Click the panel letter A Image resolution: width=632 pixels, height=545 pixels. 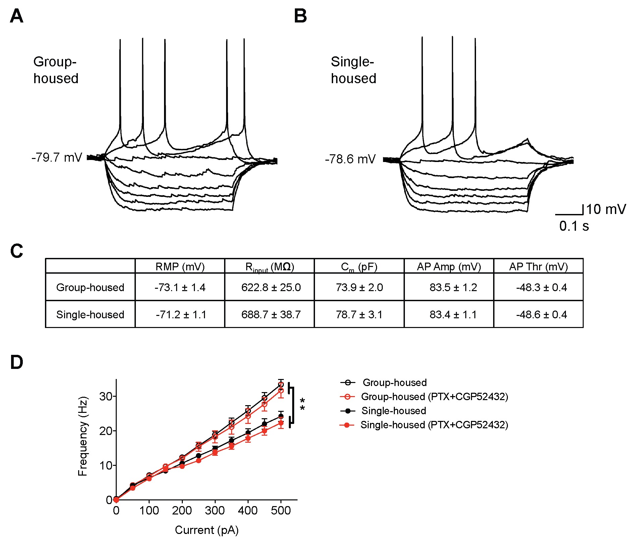[16, 16]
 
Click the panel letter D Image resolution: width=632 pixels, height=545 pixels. [16, 363]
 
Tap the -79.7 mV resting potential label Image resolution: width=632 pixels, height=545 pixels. [57, 157]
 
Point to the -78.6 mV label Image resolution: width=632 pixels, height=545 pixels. [350, 159]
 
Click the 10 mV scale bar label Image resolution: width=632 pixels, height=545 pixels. [606, 209]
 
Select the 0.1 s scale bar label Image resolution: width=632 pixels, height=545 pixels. [574, 226]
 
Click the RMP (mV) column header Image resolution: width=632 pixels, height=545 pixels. [180, 267]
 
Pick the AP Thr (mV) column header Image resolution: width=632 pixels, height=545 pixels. [538, 267]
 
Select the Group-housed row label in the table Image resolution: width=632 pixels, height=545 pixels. [90, 287]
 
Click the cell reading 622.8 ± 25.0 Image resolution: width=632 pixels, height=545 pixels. [271, 287]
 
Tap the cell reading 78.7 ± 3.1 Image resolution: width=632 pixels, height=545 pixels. [359, 315]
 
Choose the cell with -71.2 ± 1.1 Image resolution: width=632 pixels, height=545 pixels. [180, 315]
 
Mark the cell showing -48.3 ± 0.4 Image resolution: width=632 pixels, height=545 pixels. [541, 287]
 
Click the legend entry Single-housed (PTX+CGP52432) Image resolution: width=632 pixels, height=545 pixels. [434, 425]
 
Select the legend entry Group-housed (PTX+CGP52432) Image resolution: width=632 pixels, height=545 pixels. [434, 397]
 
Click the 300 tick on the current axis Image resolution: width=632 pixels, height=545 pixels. [215, 511]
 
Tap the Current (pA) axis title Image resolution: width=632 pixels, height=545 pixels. [207, 530]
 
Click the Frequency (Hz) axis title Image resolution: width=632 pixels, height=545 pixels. [83, 436]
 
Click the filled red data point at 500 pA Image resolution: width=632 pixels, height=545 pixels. [281, 423]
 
